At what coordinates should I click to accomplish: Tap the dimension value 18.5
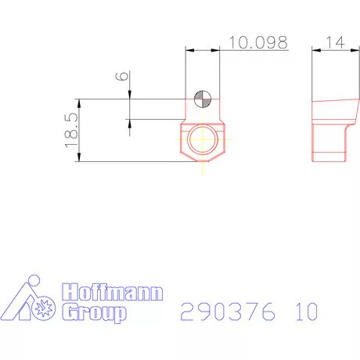pyautogui.click(x=70, y=130)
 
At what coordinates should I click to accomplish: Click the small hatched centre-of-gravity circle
pyautogui.click(x=203, y=99)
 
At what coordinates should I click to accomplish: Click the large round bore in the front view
pyautogui.click(x=203, y=141)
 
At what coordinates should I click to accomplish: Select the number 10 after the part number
pyautogui.click(x=307, y=311)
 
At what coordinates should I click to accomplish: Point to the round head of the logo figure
pyautogui.click(x=32, y=280)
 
